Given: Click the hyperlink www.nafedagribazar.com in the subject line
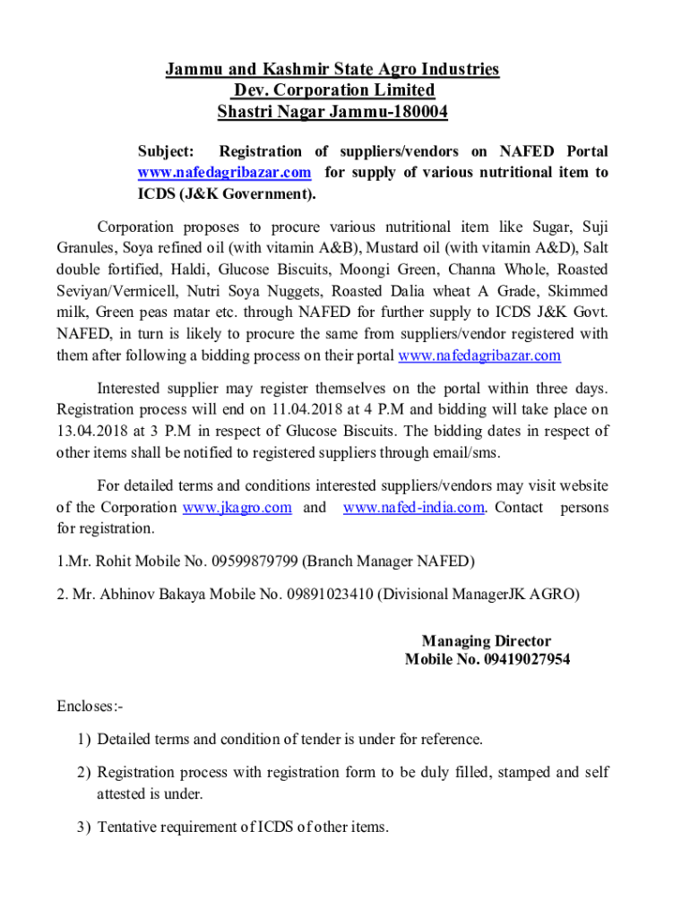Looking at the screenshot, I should [x=224, y=172].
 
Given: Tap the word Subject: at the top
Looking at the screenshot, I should [x=165, y=150].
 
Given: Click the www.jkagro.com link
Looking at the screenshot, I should [x=237, y=508].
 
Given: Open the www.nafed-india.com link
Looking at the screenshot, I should [x=414, y=508].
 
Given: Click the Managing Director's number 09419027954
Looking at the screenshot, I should [x=527, y=660].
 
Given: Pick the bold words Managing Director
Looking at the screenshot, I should [x=487, y=641].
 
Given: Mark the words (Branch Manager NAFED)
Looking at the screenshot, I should [x=388, y=561].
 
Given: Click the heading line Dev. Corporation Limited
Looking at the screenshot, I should [x=333, y=90].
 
